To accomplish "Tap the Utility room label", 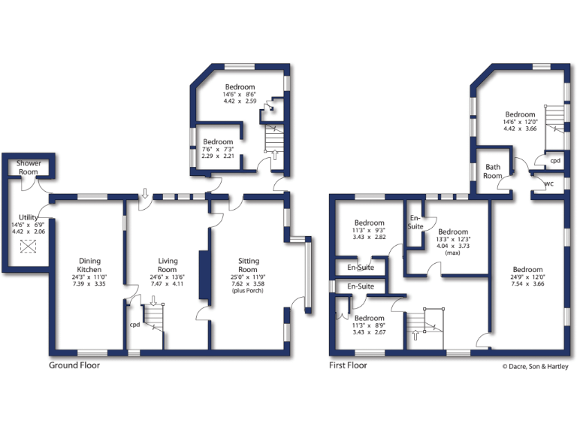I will click(x=29, y=216).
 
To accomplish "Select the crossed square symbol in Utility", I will click(x=29, y=247).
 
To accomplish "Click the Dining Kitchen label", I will click(x=89, y=265).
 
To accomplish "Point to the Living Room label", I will click(x=168, y=265).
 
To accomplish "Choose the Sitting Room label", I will click(x=248, y=265).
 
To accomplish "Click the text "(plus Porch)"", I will click(x=248, y=290).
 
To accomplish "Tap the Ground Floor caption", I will click(x=74, y=365).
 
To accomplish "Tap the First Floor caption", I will click(x=348, y=365).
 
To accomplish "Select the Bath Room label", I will click(x=493, y=171).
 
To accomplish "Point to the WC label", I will click(x=549, y=183).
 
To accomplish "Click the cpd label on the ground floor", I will click(x=134, y=326).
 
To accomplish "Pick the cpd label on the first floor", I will click(x=554, y=160).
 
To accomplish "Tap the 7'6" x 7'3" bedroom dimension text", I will click(x=218, y=149).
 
